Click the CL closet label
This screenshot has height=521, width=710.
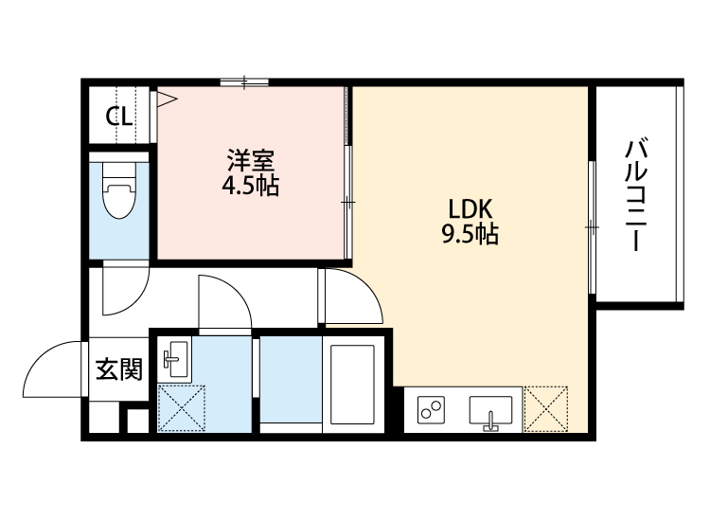[118, 117]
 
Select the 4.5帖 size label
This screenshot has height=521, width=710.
[250, 185]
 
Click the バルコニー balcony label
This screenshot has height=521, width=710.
[637, 195]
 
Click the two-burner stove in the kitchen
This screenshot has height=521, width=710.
[432, 410]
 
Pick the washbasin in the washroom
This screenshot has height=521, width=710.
[175, 358]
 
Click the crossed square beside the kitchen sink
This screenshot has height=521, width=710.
[546, 408]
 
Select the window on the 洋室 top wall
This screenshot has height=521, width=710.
[245, 82]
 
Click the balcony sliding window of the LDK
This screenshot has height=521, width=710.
[592, 227]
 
